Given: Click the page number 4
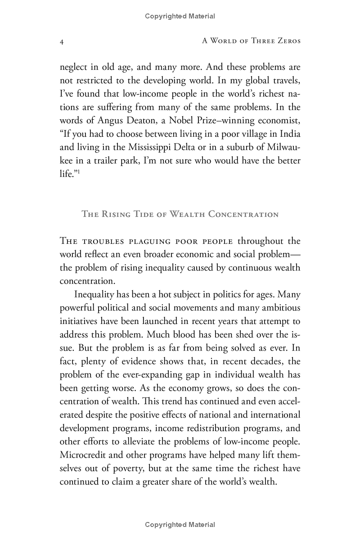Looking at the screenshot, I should [62, 42].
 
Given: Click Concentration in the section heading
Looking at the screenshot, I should [243, 214].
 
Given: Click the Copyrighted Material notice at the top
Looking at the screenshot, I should [180, 16].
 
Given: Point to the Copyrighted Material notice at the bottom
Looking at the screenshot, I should [180, 525].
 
